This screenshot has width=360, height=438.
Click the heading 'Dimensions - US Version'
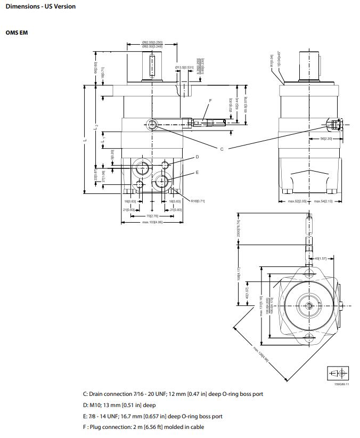(40, 6)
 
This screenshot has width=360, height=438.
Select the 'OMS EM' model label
(17, 33)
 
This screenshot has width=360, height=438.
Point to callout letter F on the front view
(210, 100)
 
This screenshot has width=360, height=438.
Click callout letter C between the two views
(222, 149)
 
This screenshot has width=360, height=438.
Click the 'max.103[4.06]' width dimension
(152, 222)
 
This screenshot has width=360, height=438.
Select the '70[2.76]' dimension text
(153, 216)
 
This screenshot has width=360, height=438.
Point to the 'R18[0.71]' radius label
(198, 201)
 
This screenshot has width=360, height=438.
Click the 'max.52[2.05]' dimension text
(297, 201)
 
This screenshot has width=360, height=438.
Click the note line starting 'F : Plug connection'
(143, 427)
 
